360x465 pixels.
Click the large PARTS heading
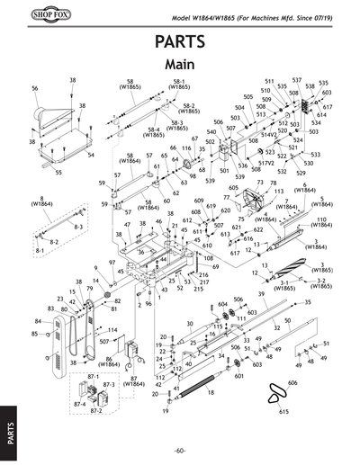pyautogui.click(x=180, y=42)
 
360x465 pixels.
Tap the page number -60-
pyautogui.click(x=180, y=450)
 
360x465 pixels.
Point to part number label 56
pyautogui.click(x=34, y=89)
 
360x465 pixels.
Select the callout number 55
pyautogui.click(x=58, y=171)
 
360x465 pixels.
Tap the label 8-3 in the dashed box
pyautogui.click(x=78, y=228)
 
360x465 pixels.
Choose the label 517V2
pyautogui.click(x=291, y=163)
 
